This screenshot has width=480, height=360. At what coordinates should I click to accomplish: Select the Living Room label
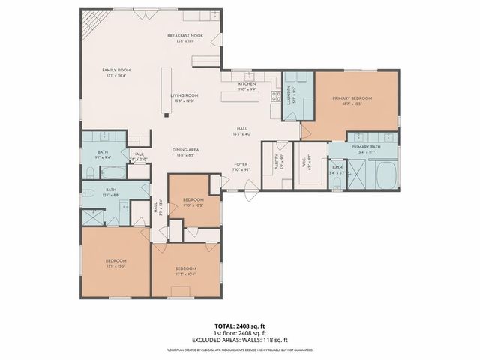tap(184, 96)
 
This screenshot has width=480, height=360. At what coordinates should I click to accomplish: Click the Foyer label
tap(241, 163)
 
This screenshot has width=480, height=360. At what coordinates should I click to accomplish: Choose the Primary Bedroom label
tap(352, 98)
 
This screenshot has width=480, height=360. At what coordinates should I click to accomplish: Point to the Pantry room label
tap(277, 162)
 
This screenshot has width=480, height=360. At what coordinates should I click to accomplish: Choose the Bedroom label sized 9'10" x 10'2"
tap(193, 201)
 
